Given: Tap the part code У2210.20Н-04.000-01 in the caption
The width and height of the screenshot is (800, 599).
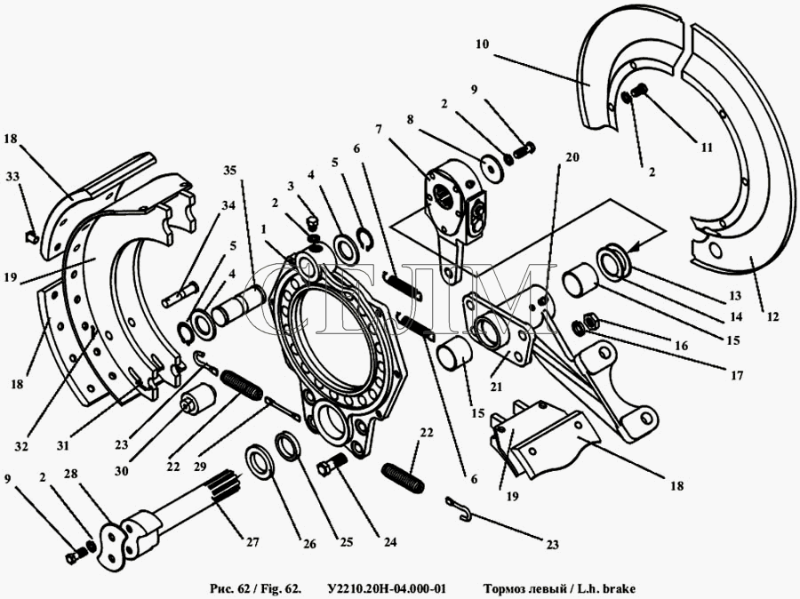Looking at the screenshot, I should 387,587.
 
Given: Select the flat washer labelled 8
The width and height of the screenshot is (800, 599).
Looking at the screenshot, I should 488,166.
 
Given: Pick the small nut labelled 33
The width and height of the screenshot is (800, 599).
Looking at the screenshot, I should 28,236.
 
